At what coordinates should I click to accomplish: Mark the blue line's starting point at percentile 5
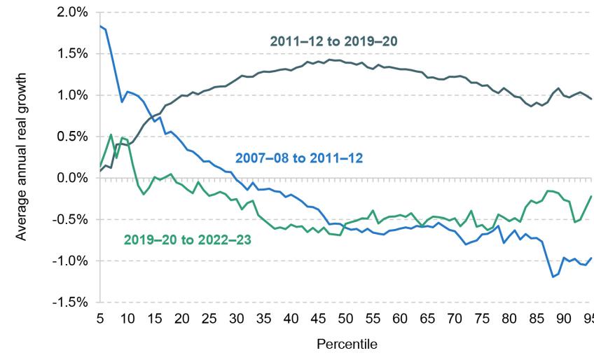(100, 26)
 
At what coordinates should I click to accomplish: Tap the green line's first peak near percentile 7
(111, 134)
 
